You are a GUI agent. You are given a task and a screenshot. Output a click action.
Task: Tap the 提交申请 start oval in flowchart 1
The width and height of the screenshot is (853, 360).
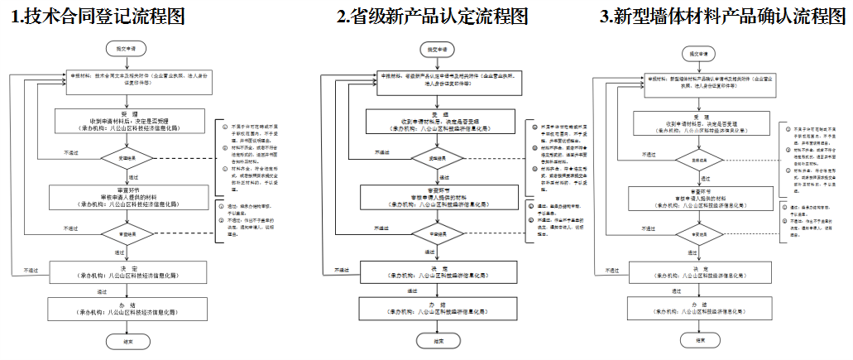(x=121, y=49)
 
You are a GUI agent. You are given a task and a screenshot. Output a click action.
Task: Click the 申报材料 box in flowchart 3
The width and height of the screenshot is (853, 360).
(x=699, y=84)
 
